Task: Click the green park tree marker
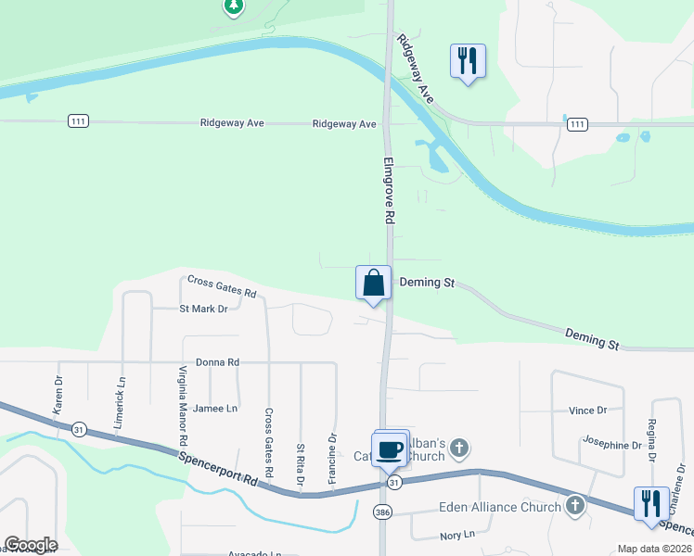click(234, 7)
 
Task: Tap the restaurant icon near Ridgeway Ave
click(467, 62)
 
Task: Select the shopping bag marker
click(373, 284)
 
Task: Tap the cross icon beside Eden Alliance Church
click(575, 506)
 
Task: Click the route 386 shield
click(382, 512)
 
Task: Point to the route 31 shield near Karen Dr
click(79, 429)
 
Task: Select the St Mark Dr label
click(203, 310)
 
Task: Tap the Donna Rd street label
click(218, 362)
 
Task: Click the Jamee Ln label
click(217, 408)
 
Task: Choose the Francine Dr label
click(331, 457)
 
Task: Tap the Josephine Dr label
click(611, 445)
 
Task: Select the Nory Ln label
click(457, 535)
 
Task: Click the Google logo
click(31, 545)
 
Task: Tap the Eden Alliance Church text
click(499, 507)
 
